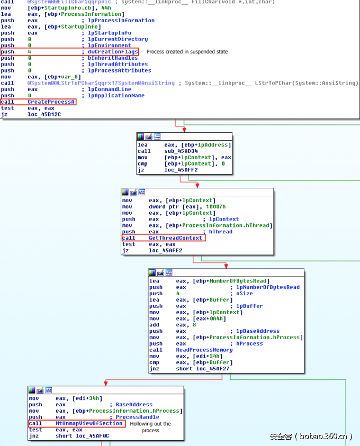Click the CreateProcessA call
click(51, 102)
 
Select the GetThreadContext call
click(175, 238)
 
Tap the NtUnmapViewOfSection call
click(89, 424)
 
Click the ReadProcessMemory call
click(204, 350)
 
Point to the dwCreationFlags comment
click(113, 52)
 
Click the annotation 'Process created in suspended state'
click(187, 52)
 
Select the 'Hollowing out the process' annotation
click(150, 427)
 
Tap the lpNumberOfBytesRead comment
click(268, 287)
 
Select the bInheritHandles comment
click(112, 58)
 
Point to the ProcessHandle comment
click(137, 417)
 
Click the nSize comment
click(245, 294)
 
